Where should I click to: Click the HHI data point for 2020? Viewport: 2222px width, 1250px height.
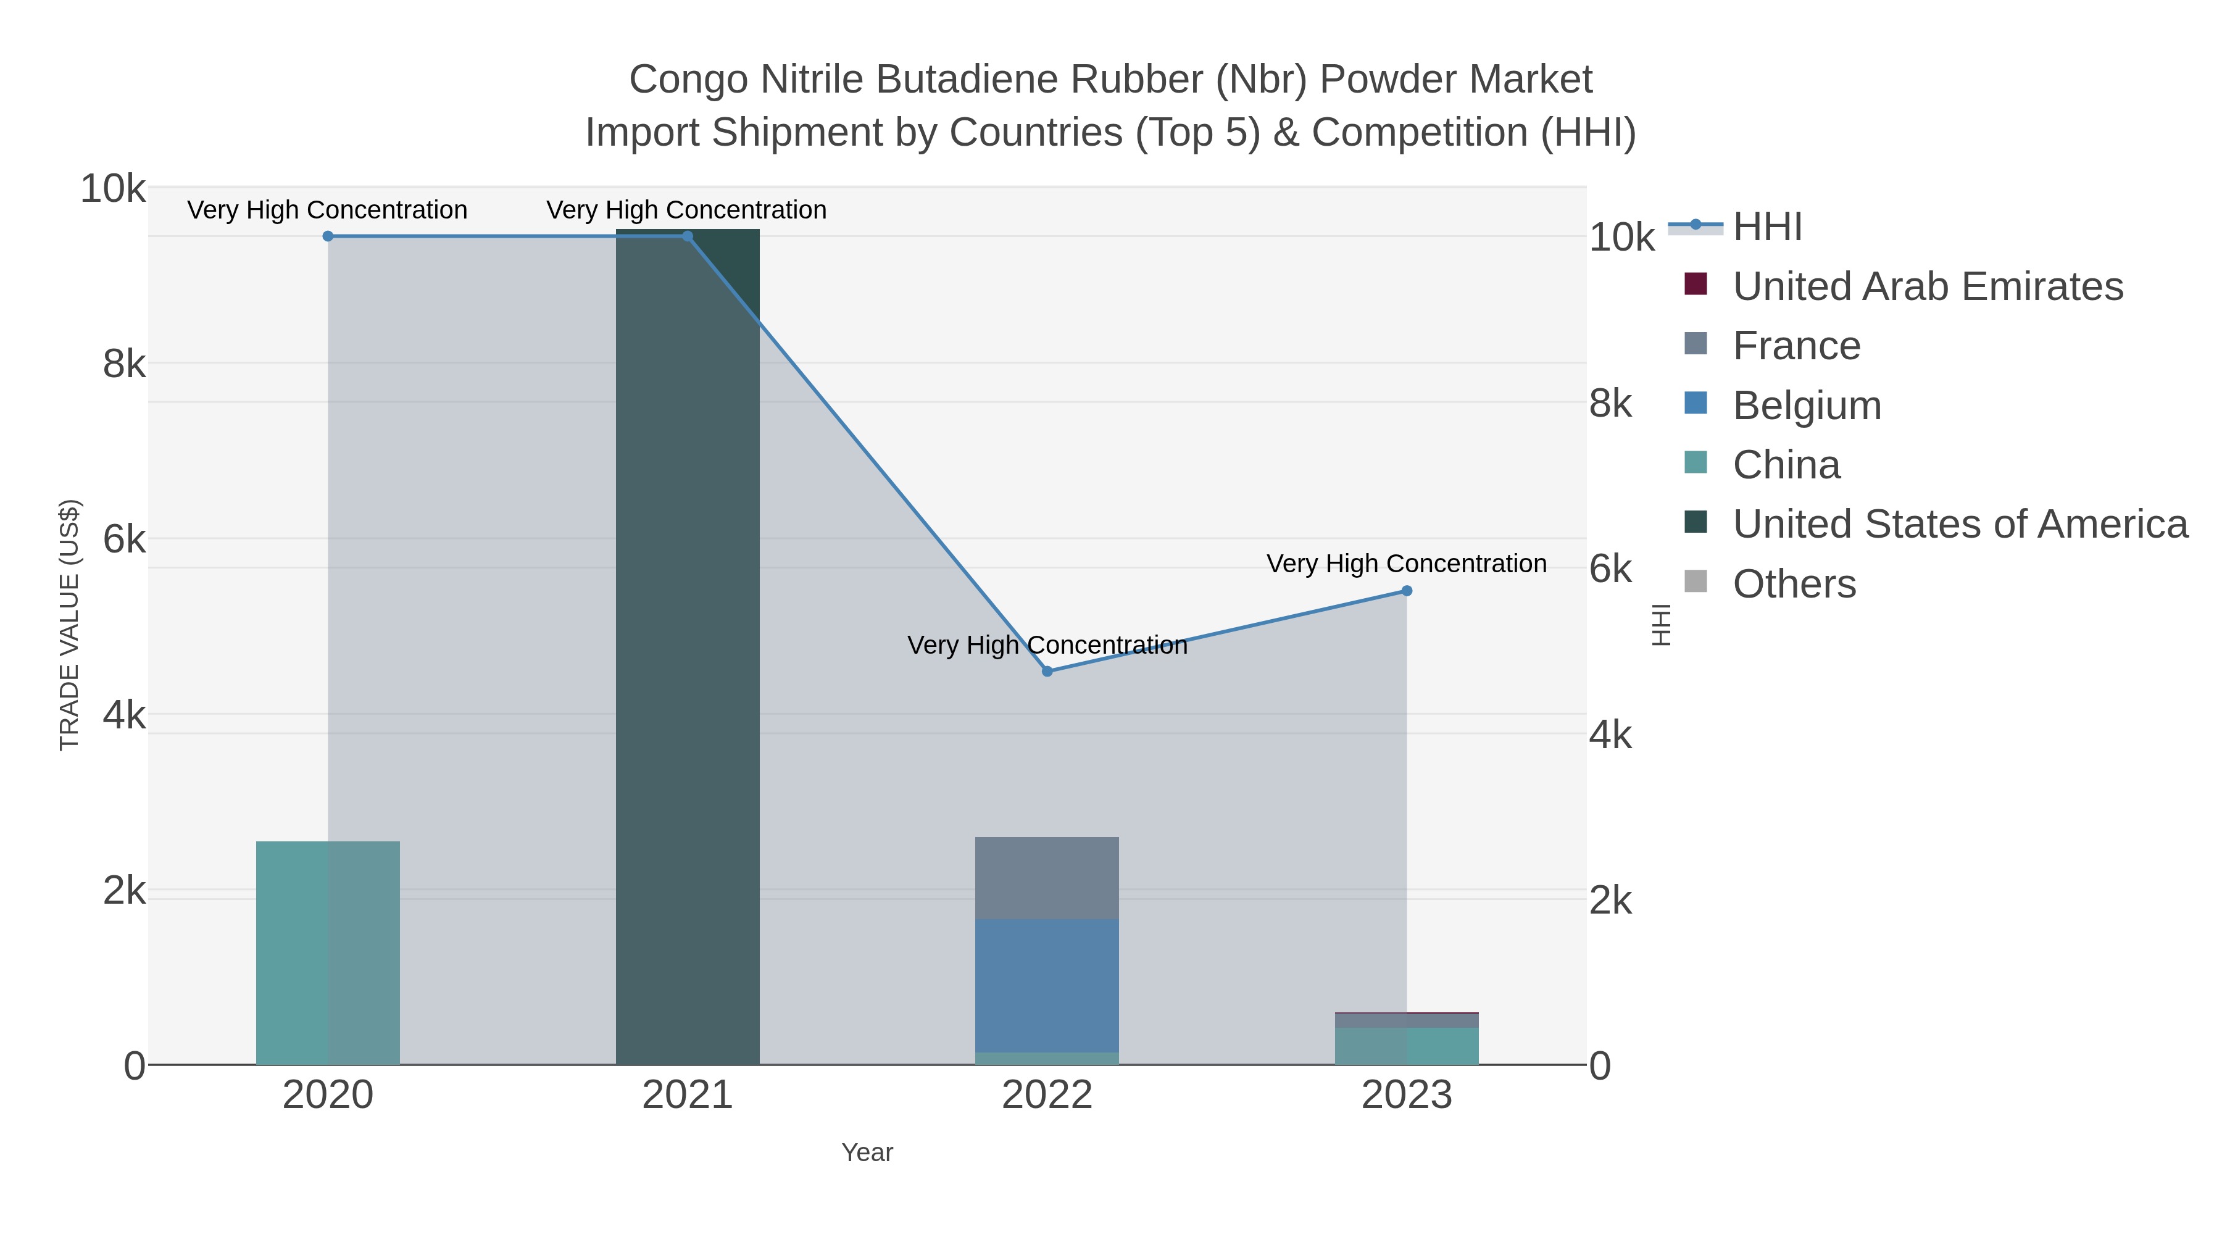pyautogui.click(x=328, y=236)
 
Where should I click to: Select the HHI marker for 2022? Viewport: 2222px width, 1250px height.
pyautogui.click(x=1047, y=671)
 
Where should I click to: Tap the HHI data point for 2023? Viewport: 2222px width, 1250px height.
pyautogui.click(x=1407, y=591)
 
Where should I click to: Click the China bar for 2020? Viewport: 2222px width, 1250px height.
pyautogui.click(x=328, y=952)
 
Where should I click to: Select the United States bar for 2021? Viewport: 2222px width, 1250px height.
pyautogui.click(x=688, y=647)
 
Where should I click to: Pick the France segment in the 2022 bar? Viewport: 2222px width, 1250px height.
pyautogui.click(x=1047, y=878)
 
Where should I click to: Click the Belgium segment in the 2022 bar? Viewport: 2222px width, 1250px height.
pyautogui.click(x=1047, y=985)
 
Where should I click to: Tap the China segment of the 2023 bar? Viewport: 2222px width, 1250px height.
pyautogui.click(x=1407, y=1046)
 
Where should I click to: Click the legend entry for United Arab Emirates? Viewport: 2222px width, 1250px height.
pyautogui.click(x=1928, y=286)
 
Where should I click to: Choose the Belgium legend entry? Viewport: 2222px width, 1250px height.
pyautogui.click(x=1807, y=406)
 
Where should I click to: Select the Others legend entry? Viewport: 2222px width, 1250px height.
pyautogui.click(x=1794, y=584)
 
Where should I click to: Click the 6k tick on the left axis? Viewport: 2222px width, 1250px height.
pyautogui.click(x=124, y=540)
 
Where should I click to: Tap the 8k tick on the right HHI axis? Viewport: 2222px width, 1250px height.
pyautogui.click(x=1610, y=404)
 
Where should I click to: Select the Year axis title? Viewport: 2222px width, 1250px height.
pyautogui.click(x=867, y=1152)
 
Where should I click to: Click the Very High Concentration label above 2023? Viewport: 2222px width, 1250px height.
pyautogui.click(x=1406, y=564)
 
